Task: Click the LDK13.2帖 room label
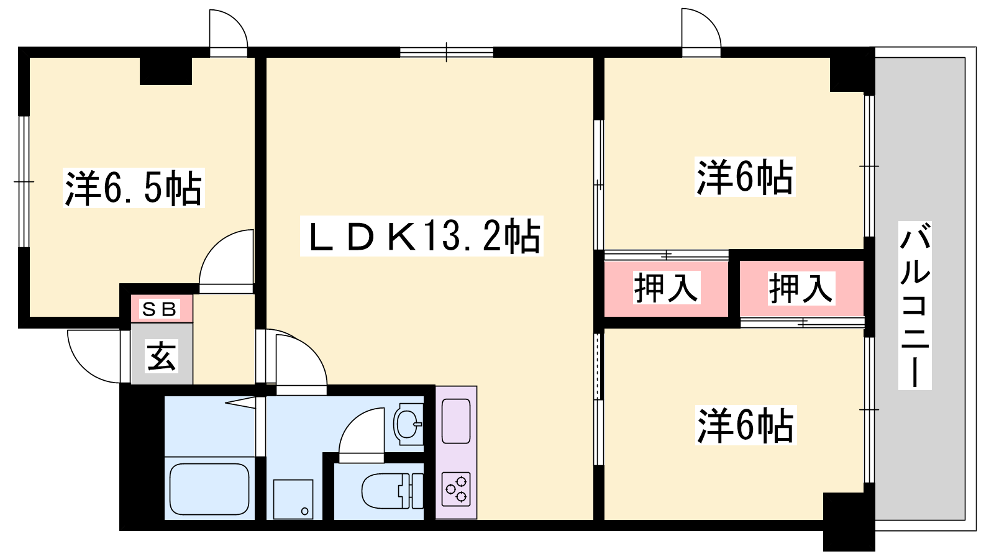(422, 235)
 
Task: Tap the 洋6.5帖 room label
(134, 188)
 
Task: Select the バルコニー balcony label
(914, 305)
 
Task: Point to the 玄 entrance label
(162, 356)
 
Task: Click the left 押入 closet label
(665, 288)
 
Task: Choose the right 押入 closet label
(801, 288)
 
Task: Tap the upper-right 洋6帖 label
(745, 177)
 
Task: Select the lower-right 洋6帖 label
(745, 425)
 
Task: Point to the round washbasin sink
(408, 424)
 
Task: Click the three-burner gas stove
(456, 489)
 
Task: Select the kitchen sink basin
(456, 420)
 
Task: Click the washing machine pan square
(293, 499)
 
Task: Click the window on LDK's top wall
(447, 52)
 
